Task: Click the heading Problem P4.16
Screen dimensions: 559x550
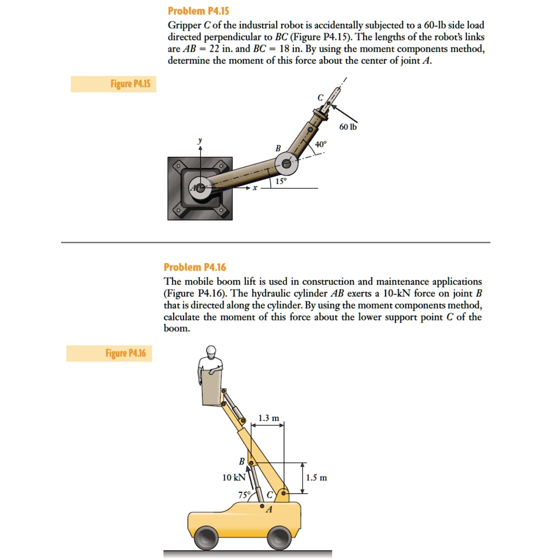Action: [195, 267]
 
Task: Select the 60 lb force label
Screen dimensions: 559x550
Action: [347, 127]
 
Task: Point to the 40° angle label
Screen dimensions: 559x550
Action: [321, 145]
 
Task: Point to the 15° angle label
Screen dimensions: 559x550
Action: [281, 181]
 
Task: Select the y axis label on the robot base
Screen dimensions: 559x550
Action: [200, 140]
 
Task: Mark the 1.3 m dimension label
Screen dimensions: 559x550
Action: [268, 418]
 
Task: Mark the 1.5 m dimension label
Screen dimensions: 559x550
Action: [317, 478]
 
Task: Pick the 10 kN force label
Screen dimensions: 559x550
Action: [233, 477]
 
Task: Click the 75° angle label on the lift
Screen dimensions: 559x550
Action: [244, 495]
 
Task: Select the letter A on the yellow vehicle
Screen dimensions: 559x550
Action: [268, 510]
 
